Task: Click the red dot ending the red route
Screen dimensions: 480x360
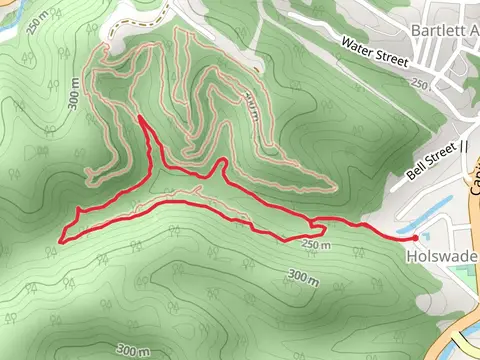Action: [414, 238]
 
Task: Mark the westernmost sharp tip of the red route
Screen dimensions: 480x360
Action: [62, 240]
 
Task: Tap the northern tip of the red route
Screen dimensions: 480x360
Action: [140, 118]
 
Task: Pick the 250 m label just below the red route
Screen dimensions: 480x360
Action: [313, 246]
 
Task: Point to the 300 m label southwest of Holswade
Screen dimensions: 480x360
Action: [301, 275]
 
